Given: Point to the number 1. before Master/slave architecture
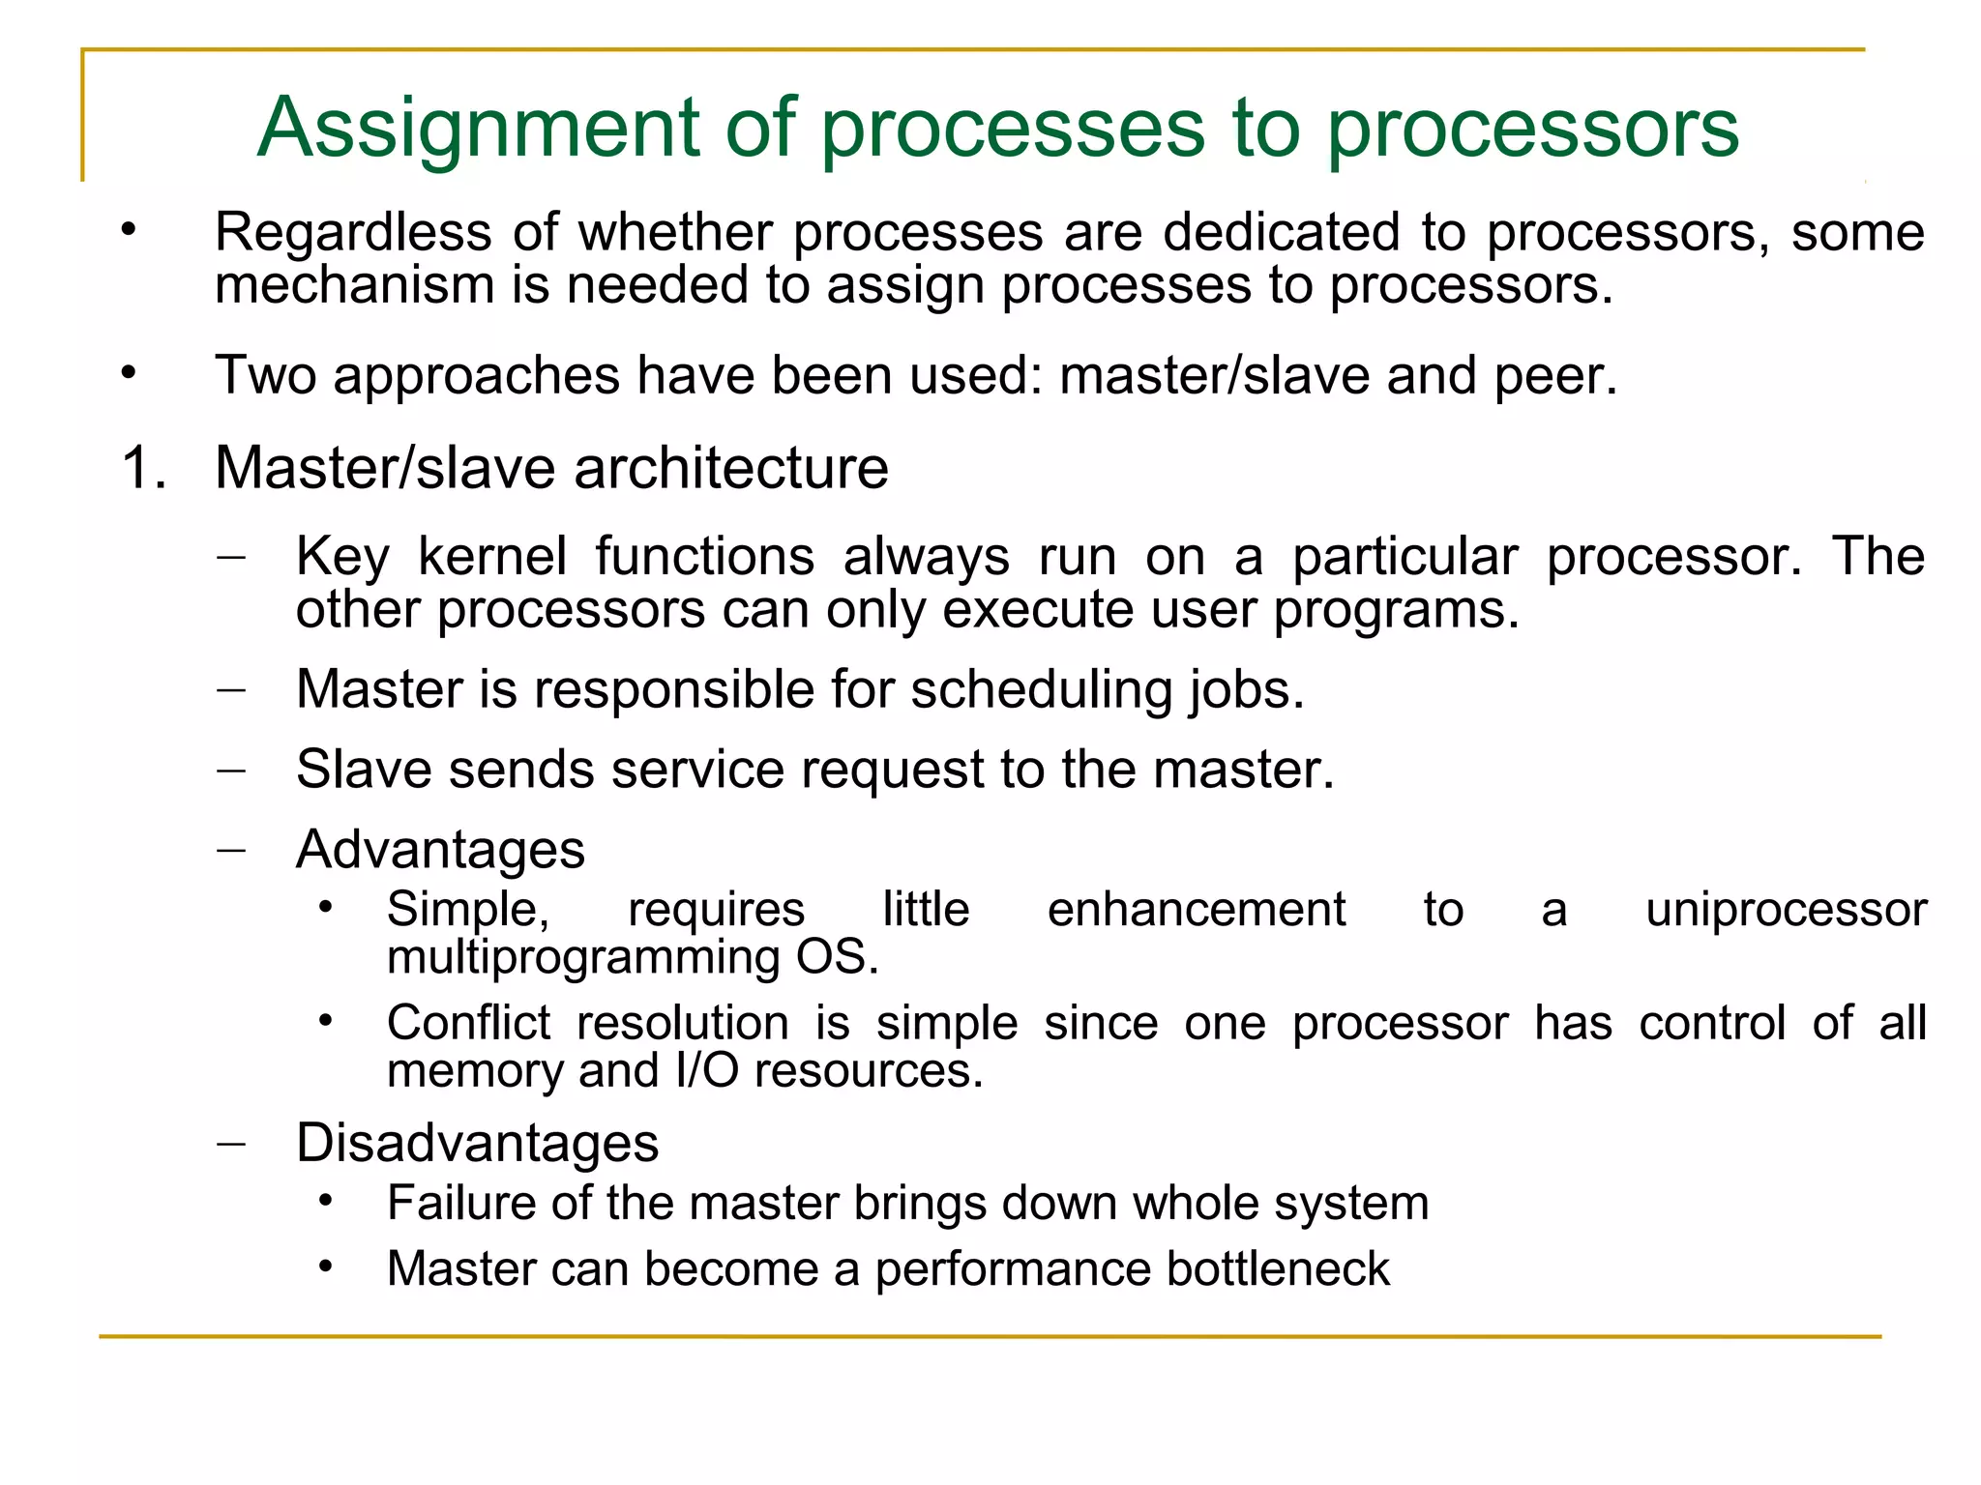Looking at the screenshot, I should [144, 469].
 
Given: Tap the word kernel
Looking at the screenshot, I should [492, 558].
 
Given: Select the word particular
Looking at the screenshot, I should [1404, 558].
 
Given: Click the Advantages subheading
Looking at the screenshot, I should [440, 851].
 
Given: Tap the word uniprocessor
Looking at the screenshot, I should [1786, 910].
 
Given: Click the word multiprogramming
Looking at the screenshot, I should [582, 958].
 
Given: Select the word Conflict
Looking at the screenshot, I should [468, 1023].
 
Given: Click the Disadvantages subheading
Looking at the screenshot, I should [477, 1144].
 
